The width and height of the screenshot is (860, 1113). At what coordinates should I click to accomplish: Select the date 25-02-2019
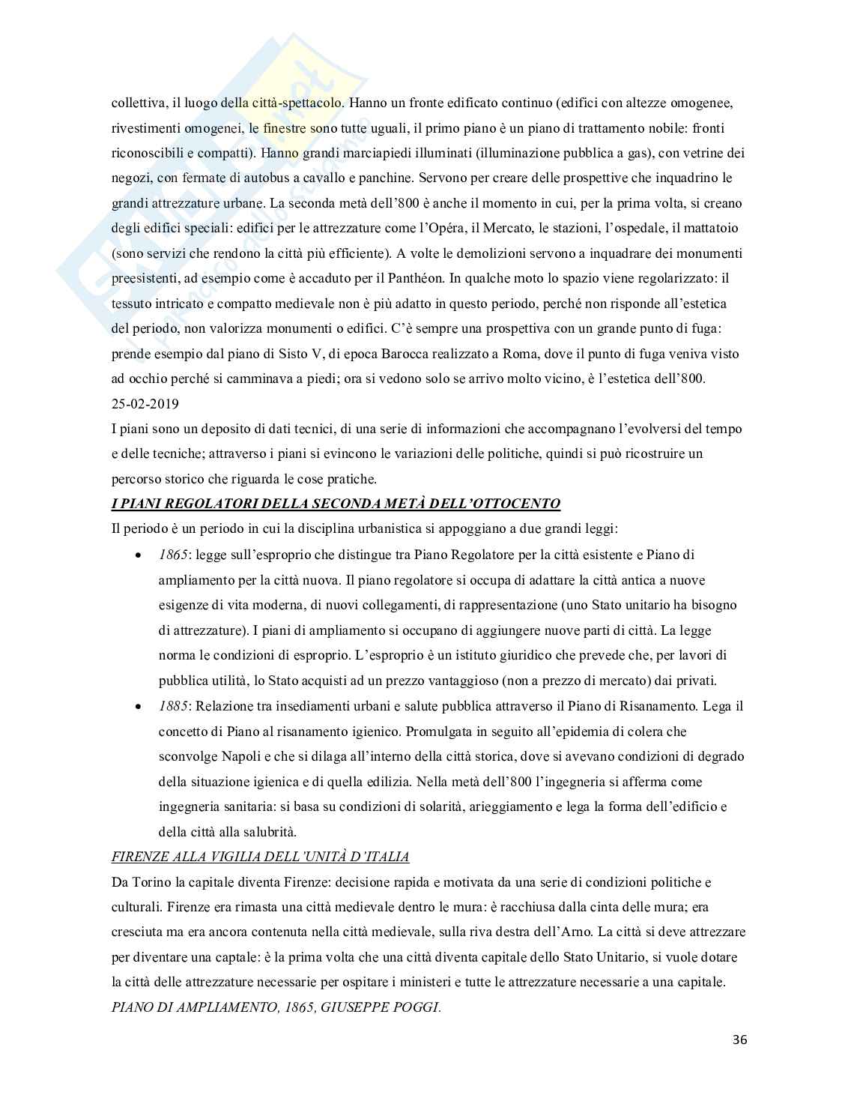click(145, 404)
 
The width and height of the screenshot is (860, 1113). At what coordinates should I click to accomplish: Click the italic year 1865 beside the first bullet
click(172, 555)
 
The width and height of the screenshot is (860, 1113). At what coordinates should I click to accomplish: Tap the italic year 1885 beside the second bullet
click(172, 706)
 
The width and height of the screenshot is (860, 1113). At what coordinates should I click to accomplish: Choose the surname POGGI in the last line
click(417, 1007)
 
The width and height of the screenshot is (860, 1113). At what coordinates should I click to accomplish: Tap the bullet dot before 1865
click(136, 556)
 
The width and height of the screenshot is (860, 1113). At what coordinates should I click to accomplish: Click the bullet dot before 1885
click(136, 708)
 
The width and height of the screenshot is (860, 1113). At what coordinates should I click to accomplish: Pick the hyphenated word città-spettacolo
click(297, 102)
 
